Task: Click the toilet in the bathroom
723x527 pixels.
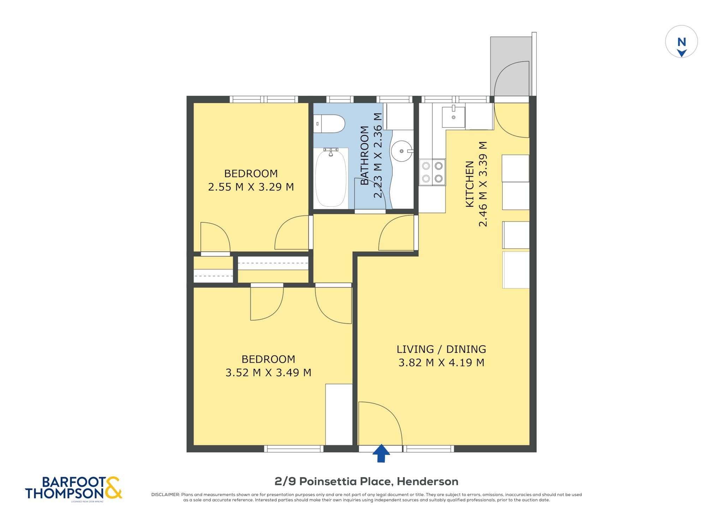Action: (329, 124)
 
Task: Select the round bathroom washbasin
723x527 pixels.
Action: (401, 151)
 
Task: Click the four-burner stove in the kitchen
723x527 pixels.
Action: (432, 172)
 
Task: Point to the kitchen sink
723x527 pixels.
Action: (453, 117)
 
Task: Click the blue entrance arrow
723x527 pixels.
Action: (381, 453)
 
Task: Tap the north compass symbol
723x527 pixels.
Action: (681, 42)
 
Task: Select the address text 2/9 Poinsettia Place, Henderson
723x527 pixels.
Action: (366, 481)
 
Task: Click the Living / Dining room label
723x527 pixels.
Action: (441, 349)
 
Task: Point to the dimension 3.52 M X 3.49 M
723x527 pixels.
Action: (268, 372)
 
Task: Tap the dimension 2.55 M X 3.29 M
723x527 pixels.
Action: (251, 187)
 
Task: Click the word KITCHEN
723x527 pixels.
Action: (470, 184)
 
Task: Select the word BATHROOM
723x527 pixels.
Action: (364, 155)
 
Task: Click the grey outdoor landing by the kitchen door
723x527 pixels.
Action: (511, 66)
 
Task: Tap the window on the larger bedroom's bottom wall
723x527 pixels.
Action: (294, 449)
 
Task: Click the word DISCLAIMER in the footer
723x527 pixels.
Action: (166, 495)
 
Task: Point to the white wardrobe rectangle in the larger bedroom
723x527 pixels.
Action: (339, 414)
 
